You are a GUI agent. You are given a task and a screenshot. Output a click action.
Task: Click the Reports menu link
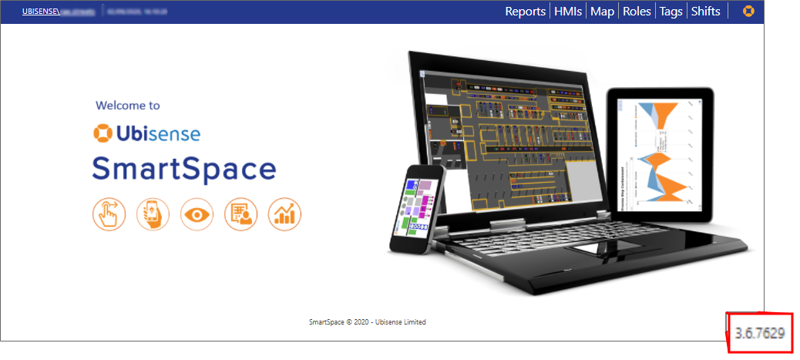pos(526,12)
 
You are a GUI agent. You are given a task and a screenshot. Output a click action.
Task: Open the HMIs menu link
pos(569,12)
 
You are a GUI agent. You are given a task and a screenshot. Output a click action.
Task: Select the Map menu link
pos(602,12)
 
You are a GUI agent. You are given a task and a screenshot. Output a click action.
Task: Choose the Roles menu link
pos(637,12)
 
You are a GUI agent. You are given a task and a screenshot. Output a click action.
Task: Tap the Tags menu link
pos(671,12)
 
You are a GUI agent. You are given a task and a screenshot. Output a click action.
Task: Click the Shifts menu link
pos(705,12)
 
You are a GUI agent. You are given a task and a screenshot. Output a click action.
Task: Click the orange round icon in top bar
pos(748,12)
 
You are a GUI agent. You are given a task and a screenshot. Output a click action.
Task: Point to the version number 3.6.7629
pos(760,333)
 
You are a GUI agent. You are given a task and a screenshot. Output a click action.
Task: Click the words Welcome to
pos(128,106)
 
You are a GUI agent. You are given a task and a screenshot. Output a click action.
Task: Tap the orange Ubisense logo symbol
pos(103,133)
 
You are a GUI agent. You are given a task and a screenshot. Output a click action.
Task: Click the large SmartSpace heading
pos(184,169)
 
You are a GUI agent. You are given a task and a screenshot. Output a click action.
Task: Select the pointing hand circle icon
pos(109,214)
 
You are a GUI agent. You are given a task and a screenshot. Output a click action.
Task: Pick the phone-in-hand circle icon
pos(153,214)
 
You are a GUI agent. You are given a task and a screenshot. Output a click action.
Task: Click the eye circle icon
pos(197,214)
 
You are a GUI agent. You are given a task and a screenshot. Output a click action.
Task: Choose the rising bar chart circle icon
pos(284,214)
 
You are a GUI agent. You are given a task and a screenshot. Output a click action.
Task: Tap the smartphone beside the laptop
pos(417,208)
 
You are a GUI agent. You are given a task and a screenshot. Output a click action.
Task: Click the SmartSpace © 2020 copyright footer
pos(366,322)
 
